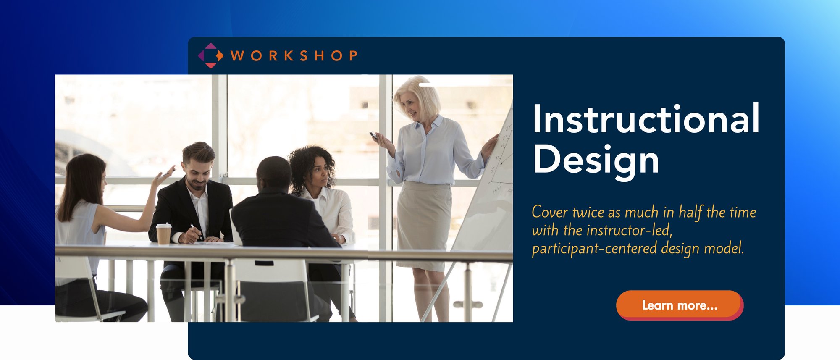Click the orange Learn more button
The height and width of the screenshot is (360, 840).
(x=679, y=305)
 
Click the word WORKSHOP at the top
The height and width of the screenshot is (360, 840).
(x=294, y=55)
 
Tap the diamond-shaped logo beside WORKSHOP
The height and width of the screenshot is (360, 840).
(x=210, y=55)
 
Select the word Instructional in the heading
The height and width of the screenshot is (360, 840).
(x=646, y=119)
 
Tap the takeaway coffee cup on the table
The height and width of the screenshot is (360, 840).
(x=163, y=234)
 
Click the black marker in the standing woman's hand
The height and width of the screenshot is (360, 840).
(x=373, y=136)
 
